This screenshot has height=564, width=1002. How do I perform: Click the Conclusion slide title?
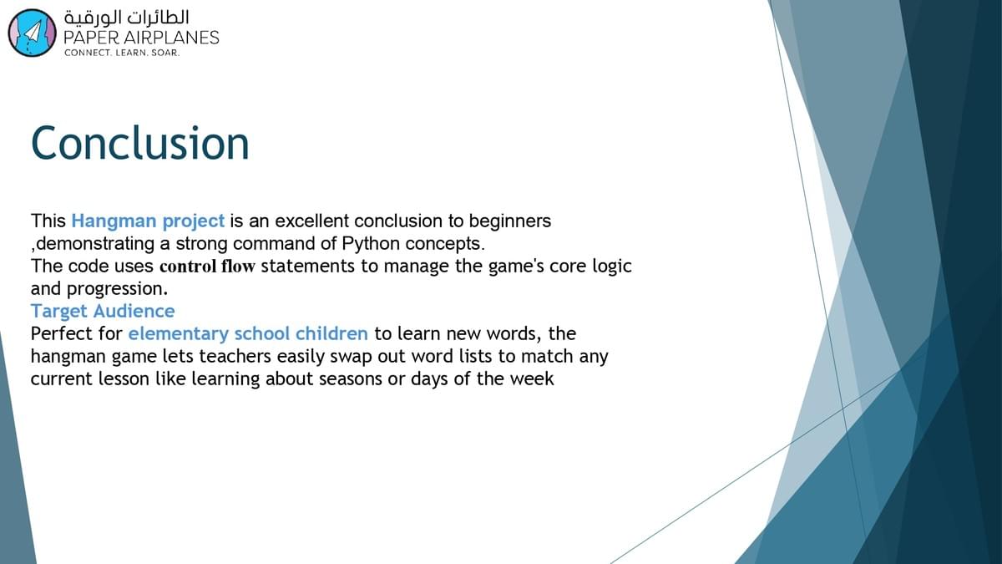pos(140,143)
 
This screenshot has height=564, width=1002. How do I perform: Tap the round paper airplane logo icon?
pos(33,33)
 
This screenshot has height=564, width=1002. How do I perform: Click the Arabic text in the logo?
pos(127,18)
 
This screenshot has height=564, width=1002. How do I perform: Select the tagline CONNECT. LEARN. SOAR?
pos(122,53)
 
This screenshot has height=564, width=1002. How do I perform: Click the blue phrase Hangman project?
pos(148,221)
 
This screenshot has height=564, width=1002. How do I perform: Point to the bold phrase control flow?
pos(208,267)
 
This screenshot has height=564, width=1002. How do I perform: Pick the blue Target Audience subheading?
pos(103,311)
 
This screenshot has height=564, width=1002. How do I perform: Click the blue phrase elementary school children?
pos(248,333)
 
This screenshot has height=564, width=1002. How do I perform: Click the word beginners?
pos(510,221)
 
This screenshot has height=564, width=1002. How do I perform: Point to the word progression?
pos(117,290)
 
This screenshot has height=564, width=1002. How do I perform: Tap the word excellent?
pos(311,221)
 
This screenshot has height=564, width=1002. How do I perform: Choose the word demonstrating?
pos(95,244)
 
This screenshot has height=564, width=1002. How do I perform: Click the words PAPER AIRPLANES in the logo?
pos(141,38)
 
